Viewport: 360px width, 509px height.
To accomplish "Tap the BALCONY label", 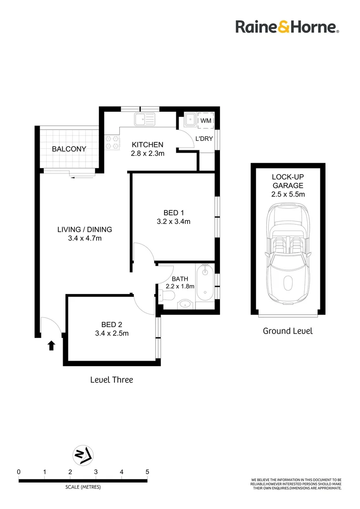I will [69, 149].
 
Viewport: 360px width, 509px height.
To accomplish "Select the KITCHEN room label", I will [147, 145].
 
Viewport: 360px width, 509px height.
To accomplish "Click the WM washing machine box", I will [206, 121].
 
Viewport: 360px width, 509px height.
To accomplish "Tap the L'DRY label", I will [205, 139].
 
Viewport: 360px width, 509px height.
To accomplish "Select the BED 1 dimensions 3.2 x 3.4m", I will [173, 221].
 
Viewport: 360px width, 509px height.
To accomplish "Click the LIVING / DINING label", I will [85, 230].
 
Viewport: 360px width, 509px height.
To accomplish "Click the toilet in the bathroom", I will [167, 296].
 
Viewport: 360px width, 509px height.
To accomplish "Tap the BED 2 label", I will [112, 324].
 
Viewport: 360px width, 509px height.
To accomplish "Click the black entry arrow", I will [51, 346].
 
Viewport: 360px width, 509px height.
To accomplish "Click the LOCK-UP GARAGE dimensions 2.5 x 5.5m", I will [288, 194].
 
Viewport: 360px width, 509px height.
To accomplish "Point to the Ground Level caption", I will [287, 331].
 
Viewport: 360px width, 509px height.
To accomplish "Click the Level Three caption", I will [111, 379].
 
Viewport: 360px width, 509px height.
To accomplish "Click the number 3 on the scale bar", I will [96, 471].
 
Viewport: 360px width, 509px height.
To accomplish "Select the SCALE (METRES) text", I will [83, 487].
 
